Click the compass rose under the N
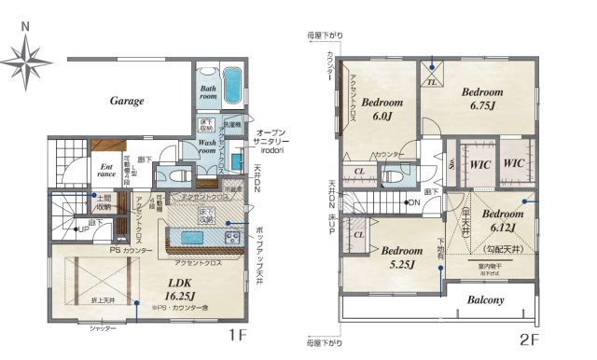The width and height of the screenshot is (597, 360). point(26,63)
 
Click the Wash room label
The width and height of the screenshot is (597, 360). point(215,147)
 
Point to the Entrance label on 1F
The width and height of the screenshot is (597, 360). point(108,172)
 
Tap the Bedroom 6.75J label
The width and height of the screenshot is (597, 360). point(481,99)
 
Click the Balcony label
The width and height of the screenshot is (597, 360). point(485,300)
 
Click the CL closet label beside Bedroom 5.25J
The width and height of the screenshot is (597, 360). point(358,235)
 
